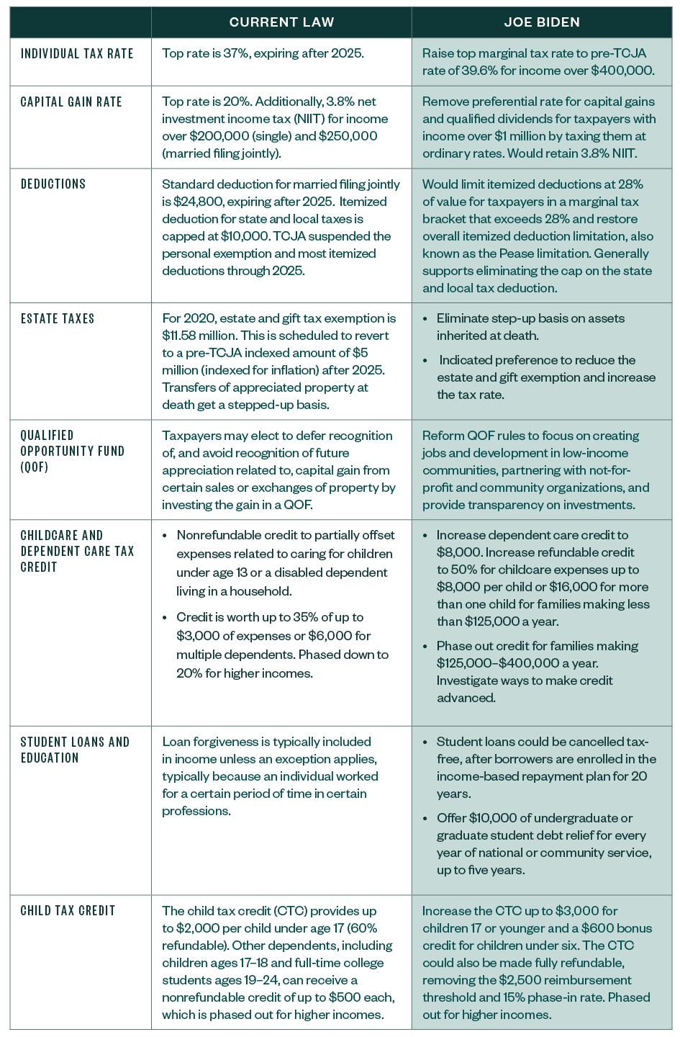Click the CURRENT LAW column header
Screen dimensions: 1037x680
(x=281, y=22)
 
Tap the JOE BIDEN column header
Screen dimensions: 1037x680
(x=542, y=22)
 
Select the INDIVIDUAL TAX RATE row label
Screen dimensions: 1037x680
(x=77, y=54)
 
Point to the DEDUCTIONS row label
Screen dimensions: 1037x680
(x=53, y=184)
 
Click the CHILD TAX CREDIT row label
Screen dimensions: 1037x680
(x=68, y=911)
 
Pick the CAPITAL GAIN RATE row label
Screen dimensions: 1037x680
(x=71, y=102)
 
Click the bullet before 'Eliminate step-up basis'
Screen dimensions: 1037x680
(x=425, y=319)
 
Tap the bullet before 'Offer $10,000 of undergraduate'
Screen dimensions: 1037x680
(x=425, y=818)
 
